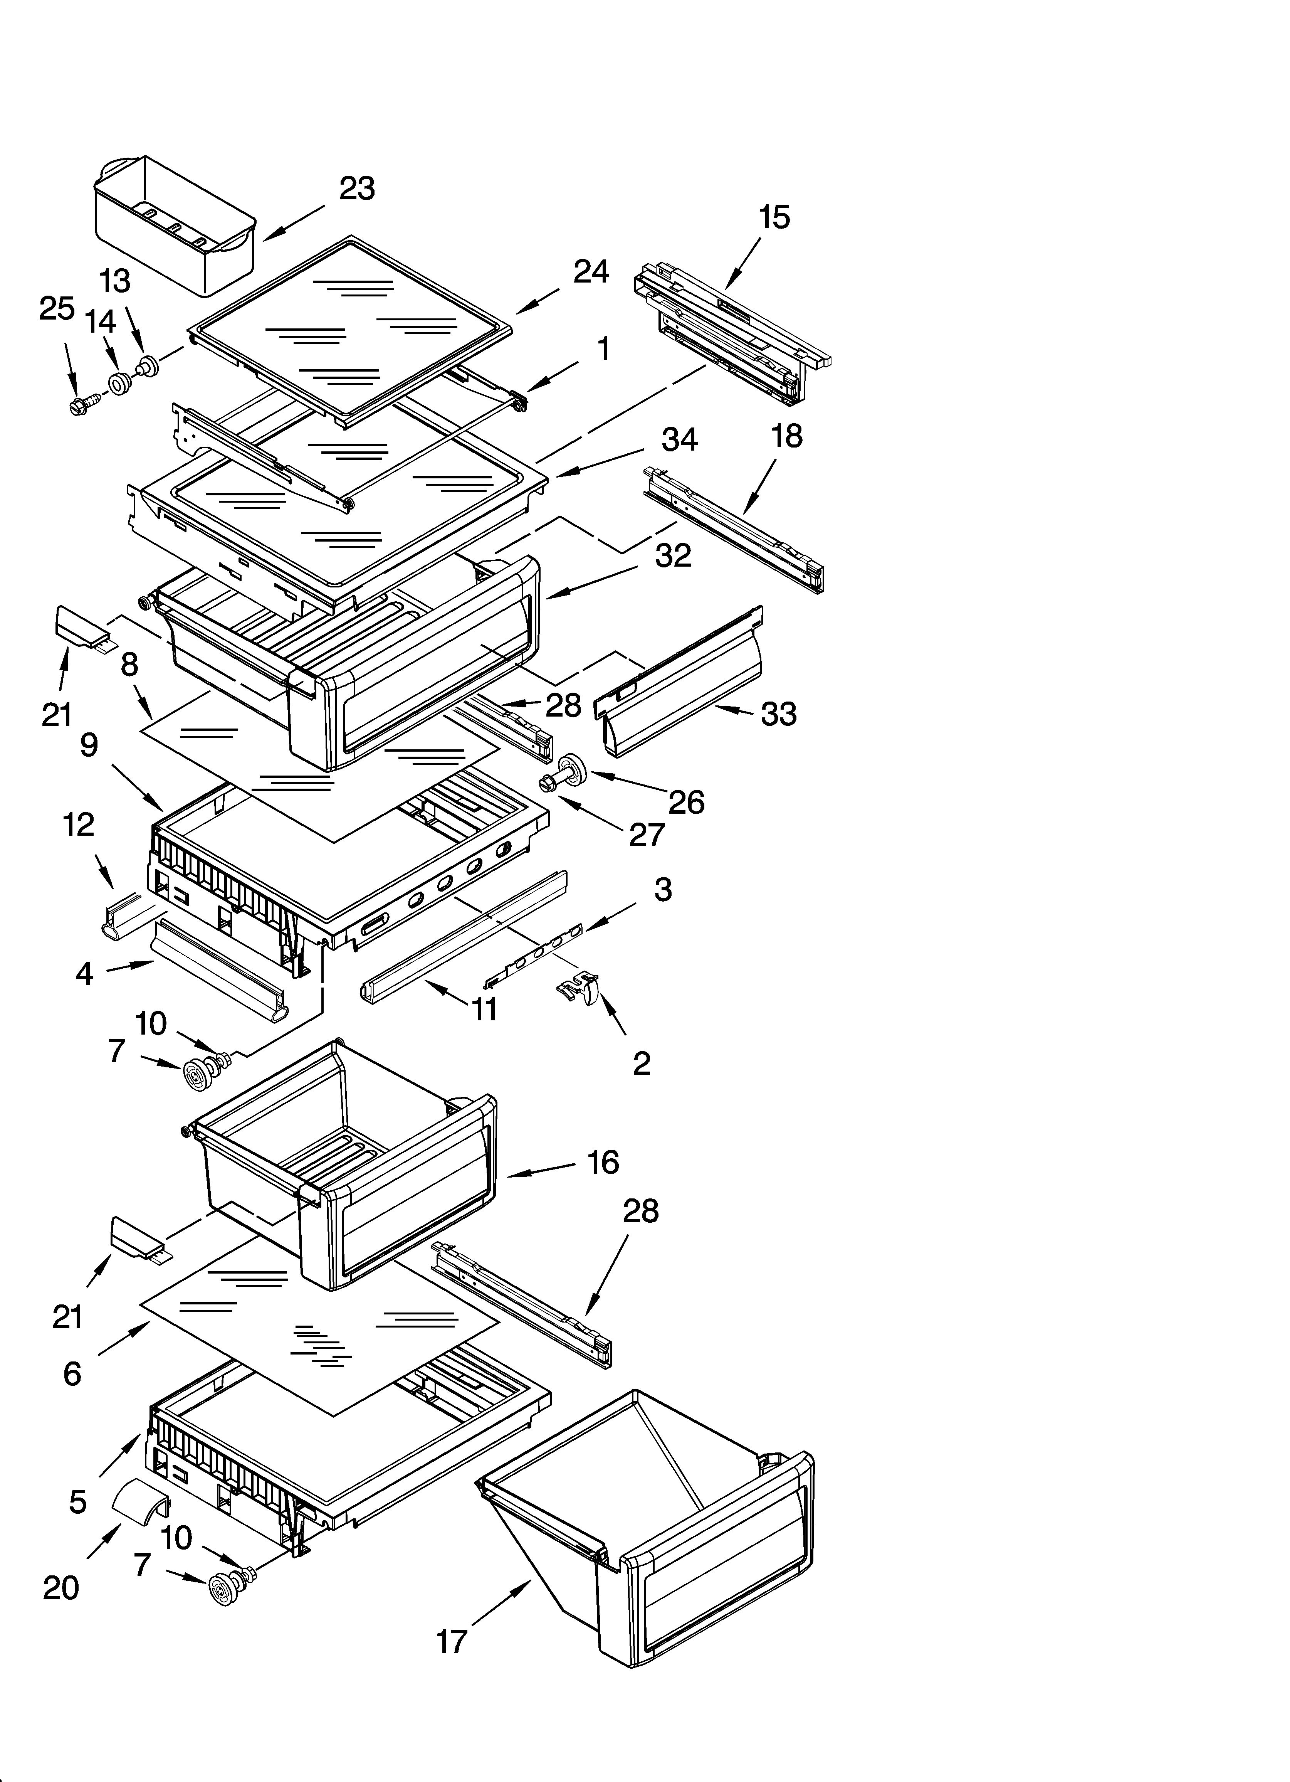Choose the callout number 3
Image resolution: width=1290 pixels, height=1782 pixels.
tap(662, 889)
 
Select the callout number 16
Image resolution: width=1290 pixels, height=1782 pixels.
tap(603, 1162)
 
